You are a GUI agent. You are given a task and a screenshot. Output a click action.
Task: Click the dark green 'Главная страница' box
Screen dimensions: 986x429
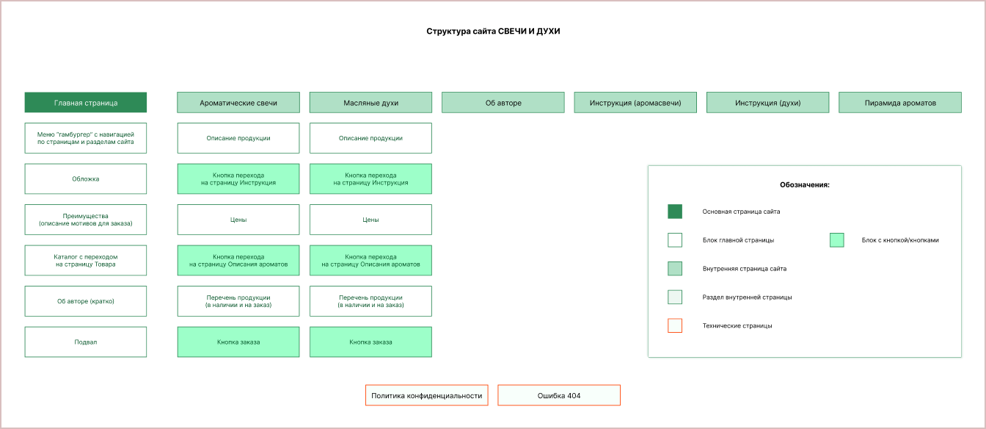(x=86, y=102)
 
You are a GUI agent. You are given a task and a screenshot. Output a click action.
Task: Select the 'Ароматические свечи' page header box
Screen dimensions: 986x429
(x=238, y=102)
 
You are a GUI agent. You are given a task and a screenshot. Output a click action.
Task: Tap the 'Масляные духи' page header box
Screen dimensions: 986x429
(x=370, y=102)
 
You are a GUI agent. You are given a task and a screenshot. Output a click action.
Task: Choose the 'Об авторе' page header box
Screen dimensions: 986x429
(x=503, y=102)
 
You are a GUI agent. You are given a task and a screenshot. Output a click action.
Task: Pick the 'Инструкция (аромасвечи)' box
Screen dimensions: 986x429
(x=635, y=102)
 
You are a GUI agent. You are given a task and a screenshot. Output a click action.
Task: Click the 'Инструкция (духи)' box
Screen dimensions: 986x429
(x=767, y=102)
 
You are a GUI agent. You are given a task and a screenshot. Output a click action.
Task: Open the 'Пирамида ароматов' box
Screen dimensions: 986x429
(x=900, y=102)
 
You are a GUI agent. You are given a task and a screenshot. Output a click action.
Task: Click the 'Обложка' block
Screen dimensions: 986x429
(x=86, y=179)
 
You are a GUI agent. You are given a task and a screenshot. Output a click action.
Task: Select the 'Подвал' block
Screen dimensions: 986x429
(x=86, y=342)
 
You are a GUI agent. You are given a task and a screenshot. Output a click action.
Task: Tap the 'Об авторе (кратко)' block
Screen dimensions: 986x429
(x=86, y=301)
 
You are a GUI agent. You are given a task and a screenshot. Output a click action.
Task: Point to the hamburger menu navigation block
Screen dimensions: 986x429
(x=86, y=138)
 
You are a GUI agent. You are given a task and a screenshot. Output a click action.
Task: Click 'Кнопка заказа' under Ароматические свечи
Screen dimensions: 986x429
(x=238, y=342)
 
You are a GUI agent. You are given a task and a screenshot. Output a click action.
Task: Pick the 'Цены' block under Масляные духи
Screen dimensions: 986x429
(x=370, y=220)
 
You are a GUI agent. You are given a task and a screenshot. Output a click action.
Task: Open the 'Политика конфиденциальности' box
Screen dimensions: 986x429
(x=426, y=395)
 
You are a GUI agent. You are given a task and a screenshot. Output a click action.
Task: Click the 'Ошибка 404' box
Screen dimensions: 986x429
(x=559, y=395)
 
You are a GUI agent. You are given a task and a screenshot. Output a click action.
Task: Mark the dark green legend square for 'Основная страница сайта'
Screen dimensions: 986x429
(x=675, y=211)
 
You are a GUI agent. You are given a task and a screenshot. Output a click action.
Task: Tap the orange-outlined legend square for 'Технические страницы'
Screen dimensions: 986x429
(x=675, y=325)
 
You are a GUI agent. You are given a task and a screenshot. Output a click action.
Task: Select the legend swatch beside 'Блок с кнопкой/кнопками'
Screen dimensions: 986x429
(x=837, y=240)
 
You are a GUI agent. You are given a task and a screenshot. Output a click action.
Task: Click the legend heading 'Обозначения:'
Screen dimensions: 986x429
(x=805, y=184)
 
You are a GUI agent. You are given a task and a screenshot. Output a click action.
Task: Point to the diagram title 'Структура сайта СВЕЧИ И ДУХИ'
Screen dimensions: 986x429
(x=493, y=31)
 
